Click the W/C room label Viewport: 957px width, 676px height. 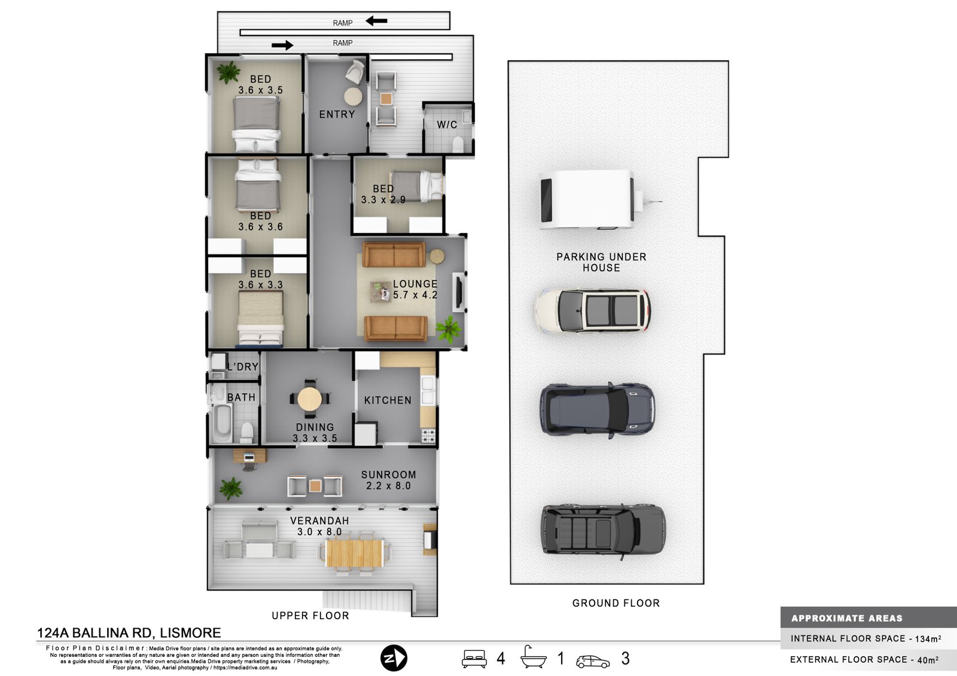[447, 125]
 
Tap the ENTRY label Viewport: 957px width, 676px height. [337, 114]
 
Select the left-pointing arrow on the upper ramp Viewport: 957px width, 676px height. [376, 20]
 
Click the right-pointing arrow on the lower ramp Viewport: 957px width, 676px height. [282, 45]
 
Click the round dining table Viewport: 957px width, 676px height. [310, 399]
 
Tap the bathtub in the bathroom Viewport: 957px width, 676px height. [222, 423]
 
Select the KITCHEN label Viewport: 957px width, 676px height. [388, 400]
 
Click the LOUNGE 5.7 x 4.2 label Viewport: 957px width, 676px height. [415, 289]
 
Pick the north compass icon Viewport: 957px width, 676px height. [394, 658]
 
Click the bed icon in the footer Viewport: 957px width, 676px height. [474, 659]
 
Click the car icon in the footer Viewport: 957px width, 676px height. [593, 662]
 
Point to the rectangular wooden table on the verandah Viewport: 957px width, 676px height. [354, 553]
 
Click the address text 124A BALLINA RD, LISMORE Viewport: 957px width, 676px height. [129, 633]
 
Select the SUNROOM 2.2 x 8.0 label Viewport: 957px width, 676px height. [388, 480]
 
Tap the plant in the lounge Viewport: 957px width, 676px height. [448, 329]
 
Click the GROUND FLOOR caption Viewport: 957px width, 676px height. [616, 603]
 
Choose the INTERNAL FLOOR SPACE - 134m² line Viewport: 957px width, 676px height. [866, 638]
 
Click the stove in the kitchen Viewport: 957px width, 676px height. [428, 436]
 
